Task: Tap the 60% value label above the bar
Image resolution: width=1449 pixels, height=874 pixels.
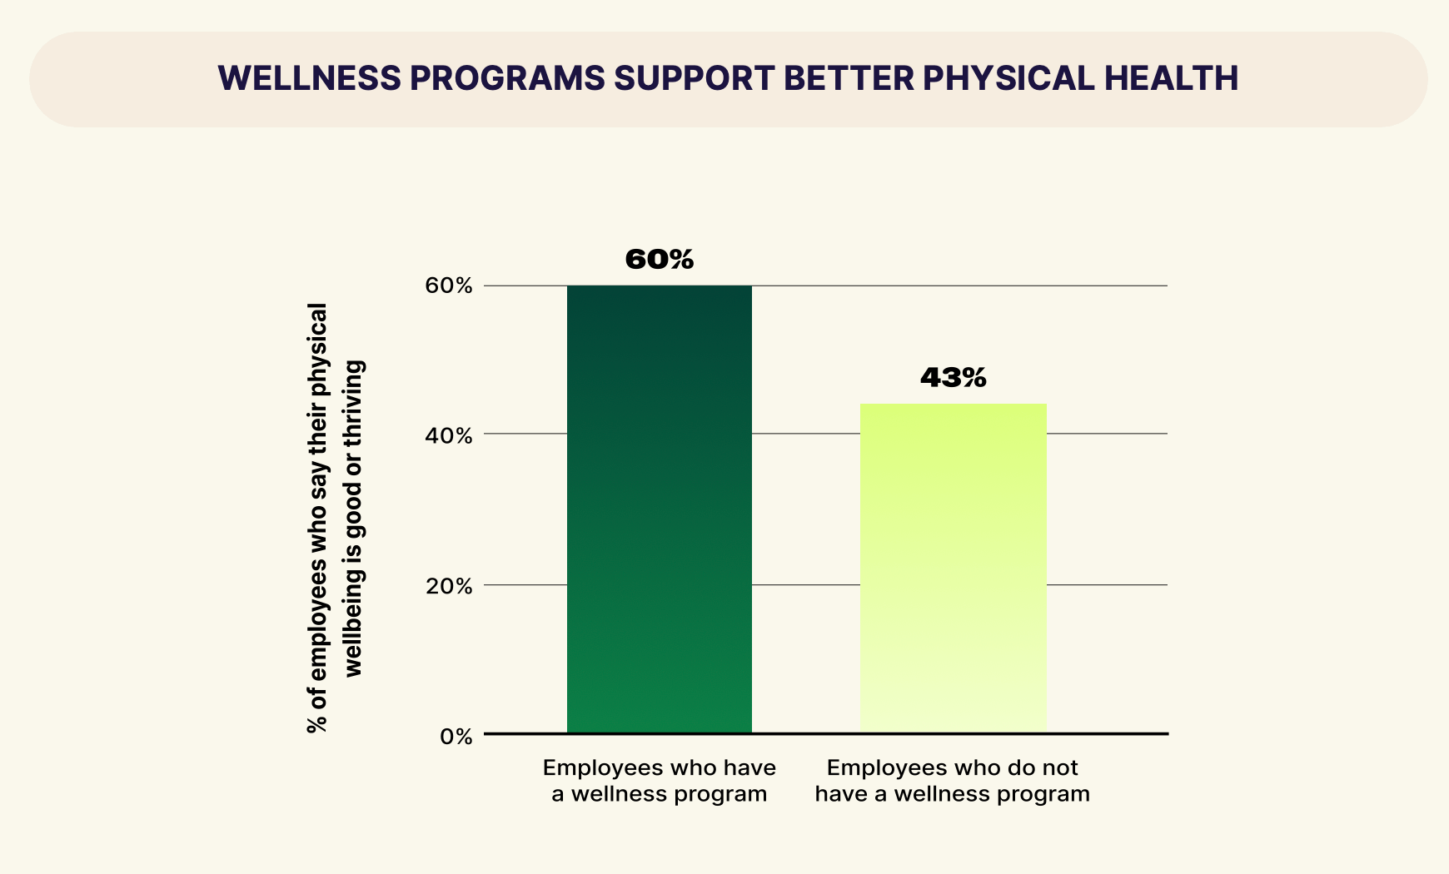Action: coord(659,260)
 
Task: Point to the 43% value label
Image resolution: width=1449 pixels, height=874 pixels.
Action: coord(953,378)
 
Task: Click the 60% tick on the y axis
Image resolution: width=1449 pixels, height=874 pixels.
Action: coord(450,286)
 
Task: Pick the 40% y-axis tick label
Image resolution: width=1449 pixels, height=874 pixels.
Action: coord(450,435)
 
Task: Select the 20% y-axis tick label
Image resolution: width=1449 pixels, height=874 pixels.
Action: coord(450,586)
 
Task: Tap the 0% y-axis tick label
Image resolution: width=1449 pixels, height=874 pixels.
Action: coord(456,737)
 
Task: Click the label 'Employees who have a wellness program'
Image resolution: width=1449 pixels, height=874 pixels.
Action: coord(659,781)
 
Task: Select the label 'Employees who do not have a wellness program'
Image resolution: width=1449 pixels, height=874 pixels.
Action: coord(953,781)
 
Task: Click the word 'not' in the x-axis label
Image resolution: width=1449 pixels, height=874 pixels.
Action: coord(1061,767)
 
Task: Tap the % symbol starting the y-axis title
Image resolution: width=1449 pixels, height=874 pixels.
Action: coord(317,723)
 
